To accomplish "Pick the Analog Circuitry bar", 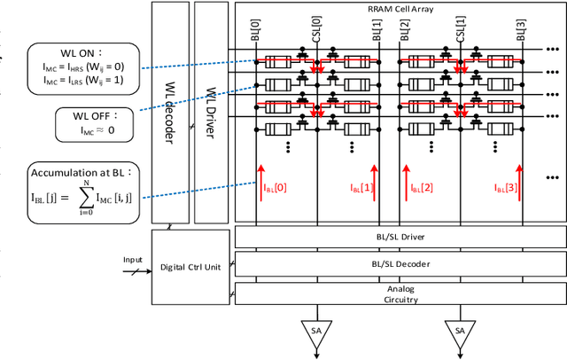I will tap(400, 293).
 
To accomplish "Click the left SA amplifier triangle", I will tap(315, 330).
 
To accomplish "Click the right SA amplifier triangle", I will tap(459, 330).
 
